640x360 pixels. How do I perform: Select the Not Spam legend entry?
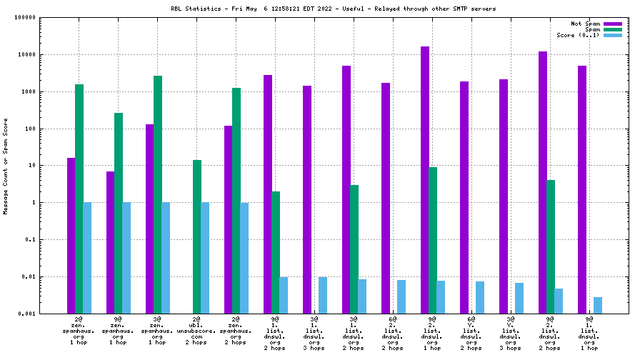[x=585, y=24]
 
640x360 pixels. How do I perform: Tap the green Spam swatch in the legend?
[x=613, y=29]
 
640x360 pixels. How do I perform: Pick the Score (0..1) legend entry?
[x=578, y=35]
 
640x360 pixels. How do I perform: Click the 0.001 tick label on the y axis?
[x=26, y=314]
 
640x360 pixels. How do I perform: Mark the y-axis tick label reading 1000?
[x=27, y=91]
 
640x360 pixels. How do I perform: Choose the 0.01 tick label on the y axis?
[x=28, y=276]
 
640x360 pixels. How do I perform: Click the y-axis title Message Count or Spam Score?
[x=6, y=166]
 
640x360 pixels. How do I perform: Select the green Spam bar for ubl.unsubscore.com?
[x=197, y=236]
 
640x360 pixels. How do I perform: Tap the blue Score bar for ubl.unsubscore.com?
[x=205, y=258]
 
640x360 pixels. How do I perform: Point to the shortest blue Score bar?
[x=598, y=305]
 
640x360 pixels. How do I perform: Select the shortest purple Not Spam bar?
[x=111, y=242]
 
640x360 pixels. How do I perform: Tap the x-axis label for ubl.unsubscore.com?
[x=197, y=332]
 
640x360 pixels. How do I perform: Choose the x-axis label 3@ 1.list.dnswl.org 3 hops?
[x=315, y=332]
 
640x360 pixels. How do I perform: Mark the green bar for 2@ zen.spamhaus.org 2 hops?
[x=236, y=201]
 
